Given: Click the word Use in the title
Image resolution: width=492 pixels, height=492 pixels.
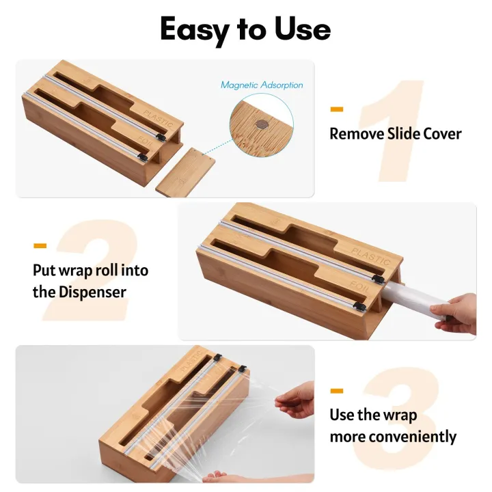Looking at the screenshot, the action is point(302,28).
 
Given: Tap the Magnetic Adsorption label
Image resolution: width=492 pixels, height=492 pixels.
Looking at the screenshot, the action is point(262,85).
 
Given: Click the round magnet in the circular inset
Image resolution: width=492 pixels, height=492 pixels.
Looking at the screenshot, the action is point(261,124).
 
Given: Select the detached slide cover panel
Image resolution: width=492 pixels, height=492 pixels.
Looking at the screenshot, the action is point(185,172).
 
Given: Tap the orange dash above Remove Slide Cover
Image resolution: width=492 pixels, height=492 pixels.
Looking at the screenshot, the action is point(337,109).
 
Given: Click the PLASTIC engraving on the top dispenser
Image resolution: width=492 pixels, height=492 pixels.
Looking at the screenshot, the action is point(158,118).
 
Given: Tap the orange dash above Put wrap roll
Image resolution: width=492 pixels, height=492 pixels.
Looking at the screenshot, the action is point(40,246).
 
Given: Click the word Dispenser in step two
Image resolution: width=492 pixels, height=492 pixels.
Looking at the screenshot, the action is point(92,292).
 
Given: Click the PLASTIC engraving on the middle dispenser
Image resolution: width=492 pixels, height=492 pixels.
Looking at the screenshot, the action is point(370,256).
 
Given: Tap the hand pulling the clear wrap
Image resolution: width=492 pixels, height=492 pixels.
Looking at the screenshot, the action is point(295,400).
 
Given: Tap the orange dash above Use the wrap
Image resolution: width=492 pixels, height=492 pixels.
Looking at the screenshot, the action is point(337,391).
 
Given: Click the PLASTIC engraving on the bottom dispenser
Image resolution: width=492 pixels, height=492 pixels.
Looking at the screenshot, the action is point(191,361).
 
